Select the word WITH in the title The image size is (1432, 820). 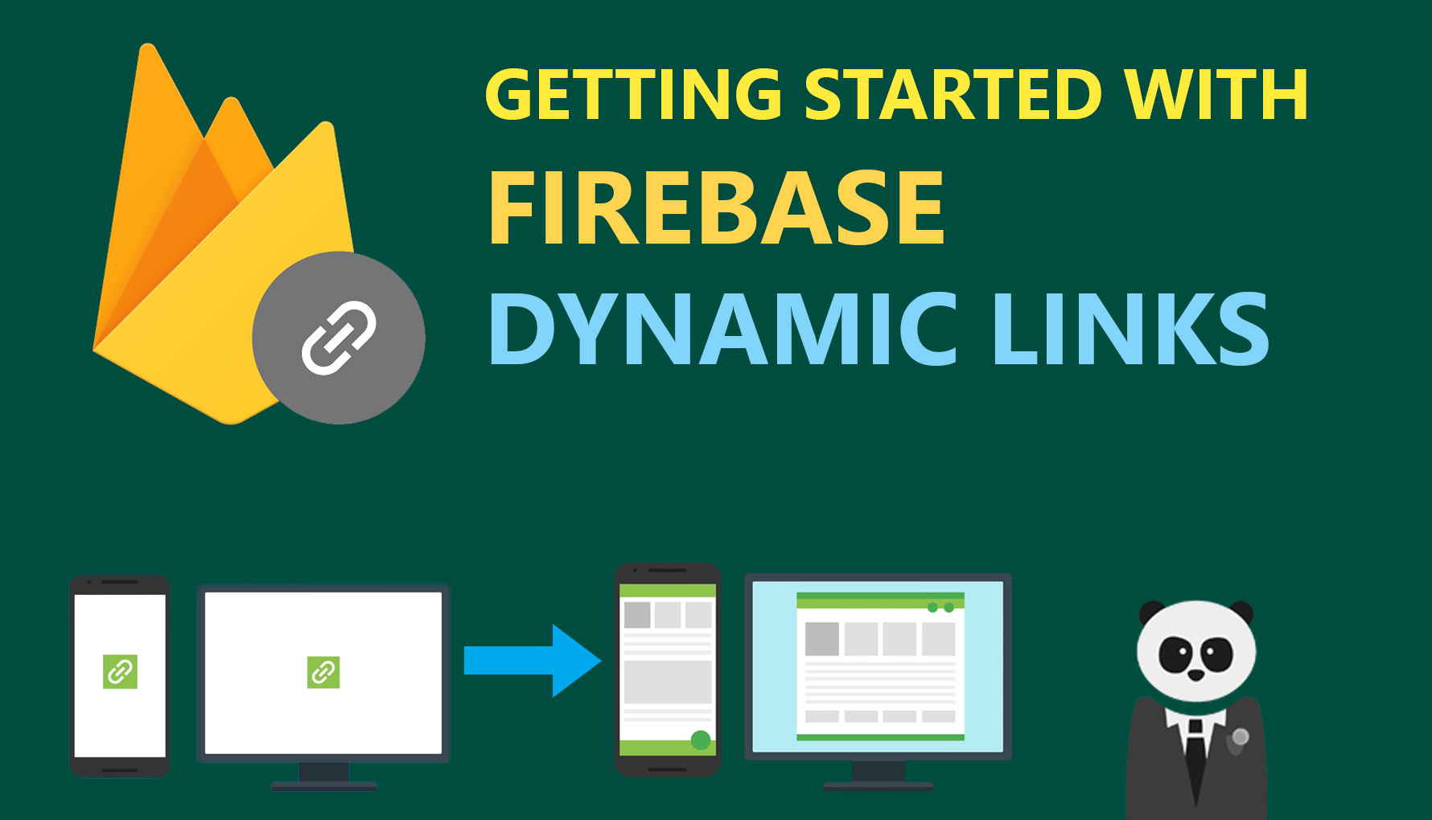1216,95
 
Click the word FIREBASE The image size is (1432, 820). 716,208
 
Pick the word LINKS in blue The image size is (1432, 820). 1130,330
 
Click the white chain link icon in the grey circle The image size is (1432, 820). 339,338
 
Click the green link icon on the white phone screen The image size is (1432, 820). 120,671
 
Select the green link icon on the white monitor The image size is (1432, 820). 323,672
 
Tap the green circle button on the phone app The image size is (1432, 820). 701,740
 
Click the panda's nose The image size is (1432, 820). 1196,675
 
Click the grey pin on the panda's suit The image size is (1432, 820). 1241,736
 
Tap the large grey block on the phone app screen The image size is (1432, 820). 668,682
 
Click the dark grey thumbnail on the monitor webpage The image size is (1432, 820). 822,639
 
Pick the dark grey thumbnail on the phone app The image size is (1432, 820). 637,615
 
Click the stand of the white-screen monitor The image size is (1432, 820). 323,775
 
